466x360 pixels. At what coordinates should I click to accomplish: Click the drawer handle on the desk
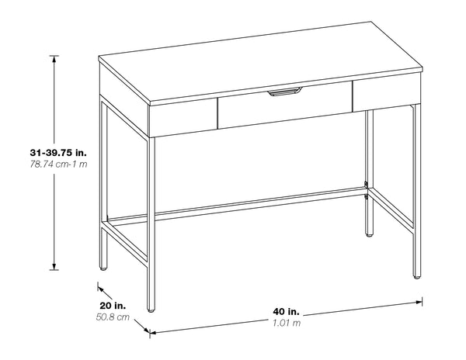tap(285, 93)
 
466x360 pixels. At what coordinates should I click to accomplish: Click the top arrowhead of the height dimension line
tap(54, 59)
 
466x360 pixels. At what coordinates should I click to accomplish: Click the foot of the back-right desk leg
tap(368, 230)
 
